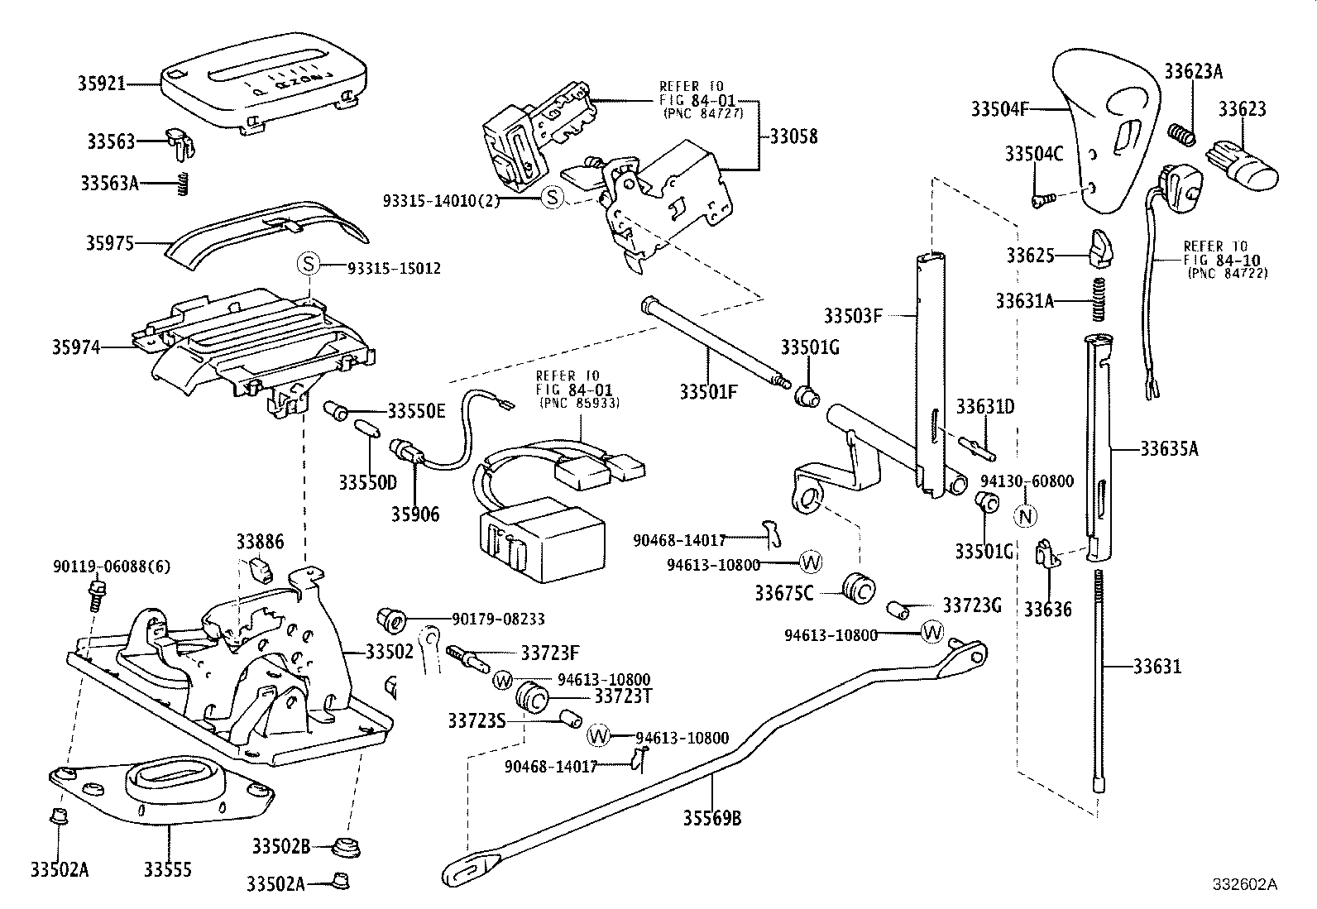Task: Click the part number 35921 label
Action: tap(102, 84)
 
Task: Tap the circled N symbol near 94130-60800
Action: tap(1025, 515)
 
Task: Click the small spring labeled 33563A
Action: tap(185, 184)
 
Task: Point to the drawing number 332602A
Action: tap(1245, 885)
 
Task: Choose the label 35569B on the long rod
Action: tap(711, 819)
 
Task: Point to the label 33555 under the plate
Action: tap(168, 869)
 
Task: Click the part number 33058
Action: tap(793, 136)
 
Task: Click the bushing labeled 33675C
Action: tap(857, 588)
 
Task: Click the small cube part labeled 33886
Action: tap(261, 568)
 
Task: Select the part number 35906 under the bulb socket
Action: tap(416, 514)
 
